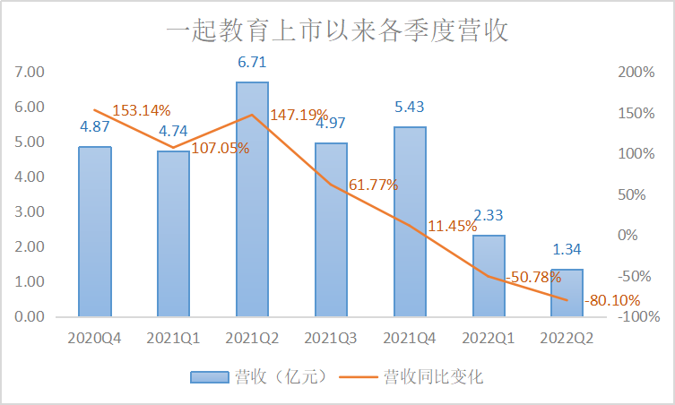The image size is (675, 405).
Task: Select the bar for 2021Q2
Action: [x=252, y=199]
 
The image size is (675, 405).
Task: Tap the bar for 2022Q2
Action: [x=567, y=293]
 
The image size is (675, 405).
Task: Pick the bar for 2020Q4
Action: [x=95, y=231]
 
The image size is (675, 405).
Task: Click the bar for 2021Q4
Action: [x=410, y=221]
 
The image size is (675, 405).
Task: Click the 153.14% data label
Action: [x=141, y=111]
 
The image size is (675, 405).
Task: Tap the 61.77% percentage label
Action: [x=372, y=185]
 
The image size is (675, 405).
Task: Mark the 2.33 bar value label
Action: [x=489, y=216]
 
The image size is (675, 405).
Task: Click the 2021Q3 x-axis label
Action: [x=331, y=338]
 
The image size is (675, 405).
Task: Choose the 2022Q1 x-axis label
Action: [x=489, y=338]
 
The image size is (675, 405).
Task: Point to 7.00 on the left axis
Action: [x=30, y=72]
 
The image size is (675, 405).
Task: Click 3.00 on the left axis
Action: [x=30, y=211]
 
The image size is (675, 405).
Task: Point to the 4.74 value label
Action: [x=173, y=132]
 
